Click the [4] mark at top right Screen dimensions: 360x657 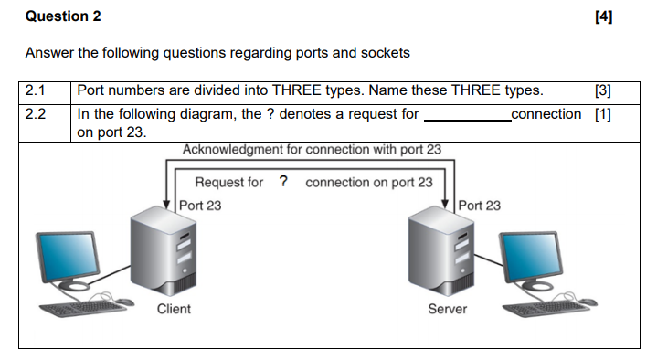pyautogui.click(x=602, y=16)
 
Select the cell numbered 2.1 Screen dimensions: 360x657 pyautogui.click(x=36, y=90)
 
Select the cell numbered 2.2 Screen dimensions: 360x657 pyautogui.click(x=36, y=114)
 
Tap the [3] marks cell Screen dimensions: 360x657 pyautogui.click(x=602, y=90)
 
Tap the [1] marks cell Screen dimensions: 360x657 pyautogui.click(x=602, y=114)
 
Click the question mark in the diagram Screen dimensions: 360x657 pyautogui.click(x=283, y=181)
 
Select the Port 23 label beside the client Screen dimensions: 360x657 pyautogui.click(x=200, y=206)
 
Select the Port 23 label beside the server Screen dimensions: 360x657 pyautogui.click(x=480, y=206)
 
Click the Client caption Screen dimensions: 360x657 pyautogui.click(x=174, y=309)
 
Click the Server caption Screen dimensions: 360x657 pyautogui.click(x=448, y=309)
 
